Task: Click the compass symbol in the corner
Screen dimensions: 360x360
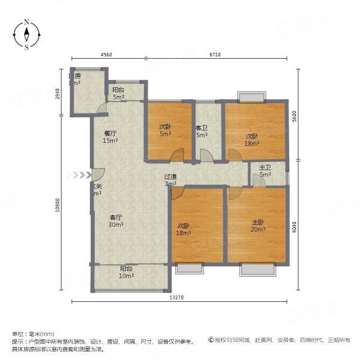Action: point(27,35)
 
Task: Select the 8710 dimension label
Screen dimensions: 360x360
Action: point(217,55)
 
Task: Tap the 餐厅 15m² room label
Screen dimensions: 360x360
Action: point(109,137)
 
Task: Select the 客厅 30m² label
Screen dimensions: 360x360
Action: point(116,221)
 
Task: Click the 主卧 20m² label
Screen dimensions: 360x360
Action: point(258,226)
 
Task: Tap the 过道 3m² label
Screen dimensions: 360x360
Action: point(170,181)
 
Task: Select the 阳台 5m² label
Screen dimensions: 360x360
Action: point(118,93)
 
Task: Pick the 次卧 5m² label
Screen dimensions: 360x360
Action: point(166,130)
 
